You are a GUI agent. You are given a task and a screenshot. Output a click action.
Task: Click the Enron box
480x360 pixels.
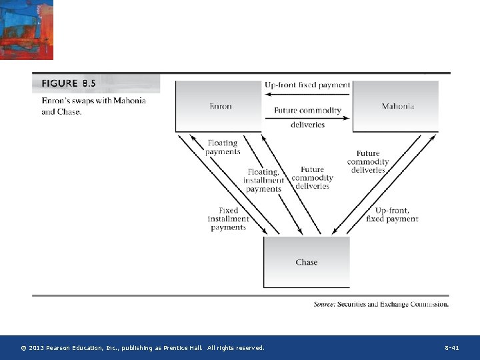pos(220,106)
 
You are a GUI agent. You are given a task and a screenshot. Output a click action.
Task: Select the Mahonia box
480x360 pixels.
pos(397,106)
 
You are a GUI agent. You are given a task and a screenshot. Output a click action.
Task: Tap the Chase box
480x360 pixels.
pos(306,262)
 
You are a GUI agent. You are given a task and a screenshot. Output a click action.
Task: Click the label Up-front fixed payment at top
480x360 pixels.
pos(307,85)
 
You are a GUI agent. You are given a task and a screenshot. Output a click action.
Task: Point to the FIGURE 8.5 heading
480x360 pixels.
pos(69,83)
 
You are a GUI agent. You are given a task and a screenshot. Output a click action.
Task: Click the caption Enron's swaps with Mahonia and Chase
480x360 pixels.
pos(93,106)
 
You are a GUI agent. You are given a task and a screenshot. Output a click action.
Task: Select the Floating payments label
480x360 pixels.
pos(223,147)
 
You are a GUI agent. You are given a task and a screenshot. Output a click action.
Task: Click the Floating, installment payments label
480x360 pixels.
pos(263,180)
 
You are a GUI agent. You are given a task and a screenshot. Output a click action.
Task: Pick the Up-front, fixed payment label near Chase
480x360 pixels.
pos(392,215)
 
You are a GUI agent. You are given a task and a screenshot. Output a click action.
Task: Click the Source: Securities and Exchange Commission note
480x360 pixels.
pos(381,304)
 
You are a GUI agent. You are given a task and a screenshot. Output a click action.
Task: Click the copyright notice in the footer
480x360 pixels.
pos(143,348)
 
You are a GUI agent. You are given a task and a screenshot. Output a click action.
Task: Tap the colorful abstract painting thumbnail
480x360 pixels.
pos(27,30)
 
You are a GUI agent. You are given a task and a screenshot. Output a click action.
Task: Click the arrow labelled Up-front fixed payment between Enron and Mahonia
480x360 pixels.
pos(307,93)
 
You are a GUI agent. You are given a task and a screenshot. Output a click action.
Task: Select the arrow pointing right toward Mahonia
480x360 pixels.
pos(307,118)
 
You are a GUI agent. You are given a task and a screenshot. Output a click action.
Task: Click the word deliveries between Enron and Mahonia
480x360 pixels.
pos(307,125)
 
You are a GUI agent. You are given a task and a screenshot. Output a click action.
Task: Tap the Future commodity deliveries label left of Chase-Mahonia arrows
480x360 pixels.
pos(368,162)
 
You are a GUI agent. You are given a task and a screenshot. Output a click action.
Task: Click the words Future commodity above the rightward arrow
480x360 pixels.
pos(307,110)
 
